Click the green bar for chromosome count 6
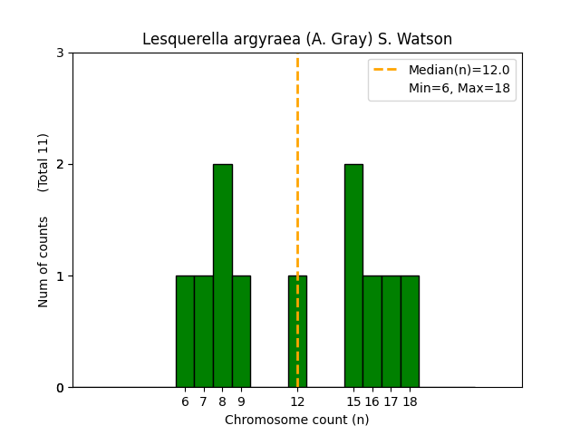pos(185,332)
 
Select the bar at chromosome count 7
pos(204,332)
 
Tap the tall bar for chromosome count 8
pos(222,275)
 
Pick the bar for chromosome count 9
pos(241,332)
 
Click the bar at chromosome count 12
pos(297,332)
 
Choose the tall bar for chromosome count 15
pos(353,275)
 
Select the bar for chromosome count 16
pos(372,332)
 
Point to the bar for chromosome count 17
pos(391,332)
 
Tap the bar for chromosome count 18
pos(410,332)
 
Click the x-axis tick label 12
pos(297,401)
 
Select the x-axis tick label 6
pos(185,401)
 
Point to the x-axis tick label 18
pos(410,401)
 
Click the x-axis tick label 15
pos(353,401)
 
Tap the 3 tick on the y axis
pos(60,53)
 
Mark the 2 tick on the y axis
pos(60,164)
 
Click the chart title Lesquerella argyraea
pos(297,40)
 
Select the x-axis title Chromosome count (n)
pos(297,420)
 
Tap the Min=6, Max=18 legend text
pos(459,88)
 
